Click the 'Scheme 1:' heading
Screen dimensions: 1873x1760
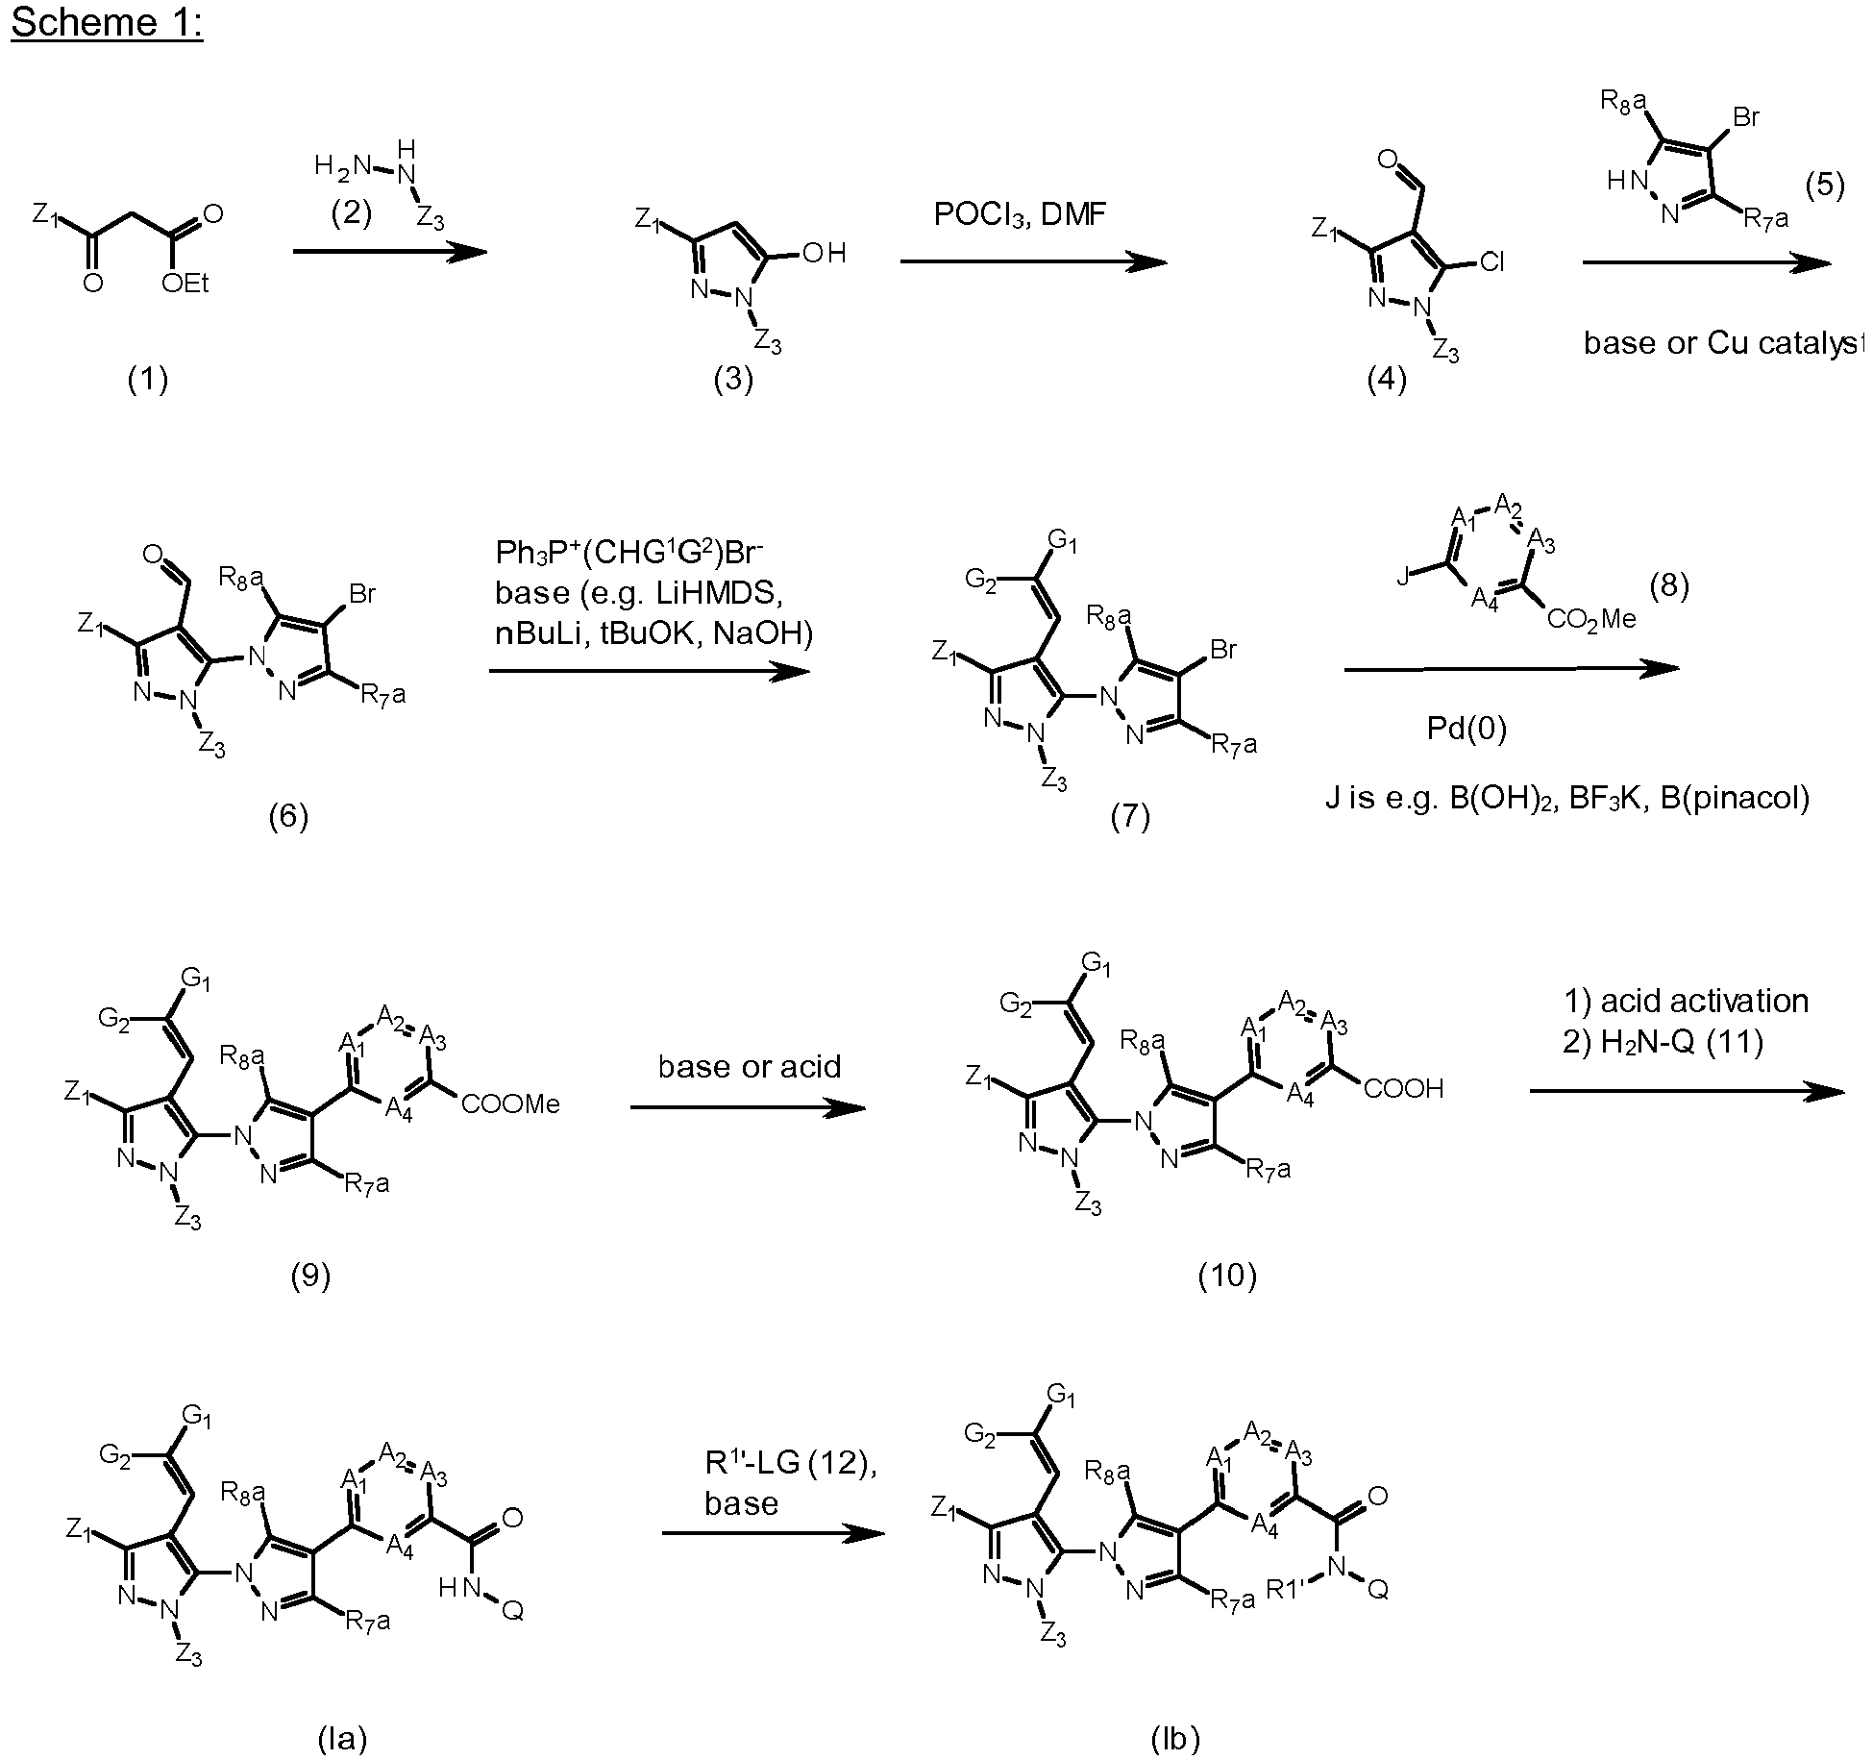[x=107, y=21]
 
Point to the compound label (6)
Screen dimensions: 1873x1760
[x=288, y=816]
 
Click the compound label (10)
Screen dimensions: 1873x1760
[x=1227, y=1275]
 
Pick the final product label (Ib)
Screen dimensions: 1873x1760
[x=1175, y=1738]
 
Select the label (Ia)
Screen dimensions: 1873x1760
[x=342, y=1738]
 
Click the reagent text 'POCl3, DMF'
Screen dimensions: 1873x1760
[x=1020, y=213]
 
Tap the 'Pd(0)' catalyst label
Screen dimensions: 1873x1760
[x=1466, y=730]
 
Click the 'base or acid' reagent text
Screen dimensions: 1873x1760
[x=750, y=1066]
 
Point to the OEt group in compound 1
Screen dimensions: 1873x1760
[x=185, y=284]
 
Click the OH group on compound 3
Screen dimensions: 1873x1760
[x=824, y=254]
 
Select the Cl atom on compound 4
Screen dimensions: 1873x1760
[x=1491, y=261]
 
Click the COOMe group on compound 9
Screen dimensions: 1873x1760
[x=510, y=1104]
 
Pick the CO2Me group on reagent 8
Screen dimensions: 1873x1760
[x=1591, y=620]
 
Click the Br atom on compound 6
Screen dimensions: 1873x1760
[x=361, y=594]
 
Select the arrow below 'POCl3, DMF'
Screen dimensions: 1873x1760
[x=1034, y=261]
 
